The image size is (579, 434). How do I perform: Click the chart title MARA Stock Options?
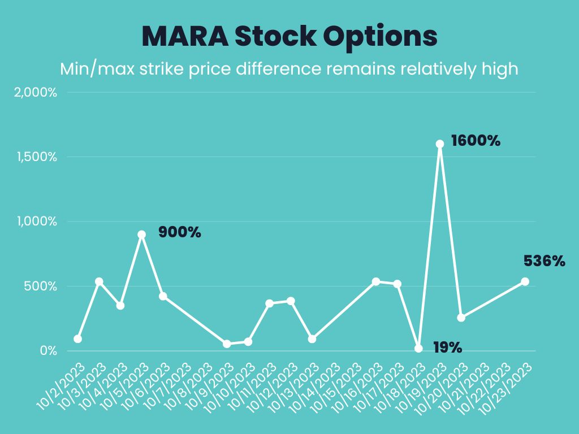(289, 36)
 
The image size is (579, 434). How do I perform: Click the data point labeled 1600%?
(440, 144)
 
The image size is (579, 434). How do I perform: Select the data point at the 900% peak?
(142, 235)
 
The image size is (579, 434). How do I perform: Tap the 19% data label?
(448, 348)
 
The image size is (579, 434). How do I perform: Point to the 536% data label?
(544, 261)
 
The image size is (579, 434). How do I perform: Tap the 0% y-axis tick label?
(49, 351)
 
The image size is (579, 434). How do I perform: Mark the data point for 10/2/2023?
(77, 339)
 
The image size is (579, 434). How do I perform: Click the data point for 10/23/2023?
(525, 281)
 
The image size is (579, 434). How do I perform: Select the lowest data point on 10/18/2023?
(418, 349)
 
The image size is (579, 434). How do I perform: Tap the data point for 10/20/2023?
(461, 318)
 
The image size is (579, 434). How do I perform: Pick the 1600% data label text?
(476, 141)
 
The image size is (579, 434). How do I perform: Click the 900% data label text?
(179, 232)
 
